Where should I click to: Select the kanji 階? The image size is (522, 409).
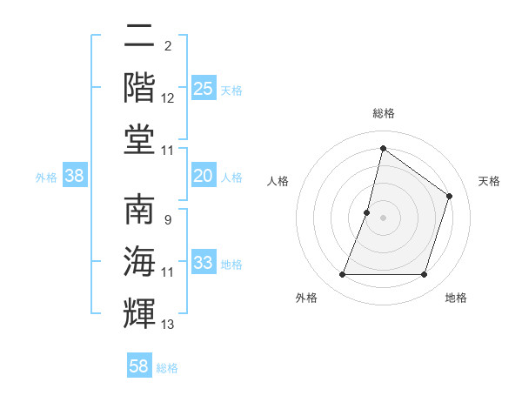(140, 87)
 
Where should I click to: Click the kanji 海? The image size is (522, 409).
(140, 261)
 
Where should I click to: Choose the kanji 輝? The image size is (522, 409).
(140, 312)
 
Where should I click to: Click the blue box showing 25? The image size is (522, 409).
(203, 89)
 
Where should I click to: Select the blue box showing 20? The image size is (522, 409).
(203, 177)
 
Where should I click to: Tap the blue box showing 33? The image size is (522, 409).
(203, 263)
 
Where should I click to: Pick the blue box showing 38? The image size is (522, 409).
(75, 177)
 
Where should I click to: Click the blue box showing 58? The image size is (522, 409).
(139, 366)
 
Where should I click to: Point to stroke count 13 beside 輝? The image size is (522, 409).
(168, 325)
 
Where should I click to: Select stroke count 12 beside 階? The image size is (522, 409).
(168, 98)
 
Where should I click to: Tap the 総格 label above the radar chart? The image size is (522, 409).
(383, 113)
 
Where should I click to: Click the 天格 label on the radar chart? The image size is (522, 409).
(489, 181)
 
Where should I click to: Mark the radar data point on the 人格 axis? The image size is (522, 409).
(367, 212)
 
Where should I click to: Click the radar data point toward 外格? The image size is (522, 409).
(342, 275)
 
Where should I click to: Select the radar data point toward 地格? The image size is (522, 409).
(424, 275)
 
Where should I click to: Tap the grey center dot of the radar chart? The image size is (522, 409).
(383, 218)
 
